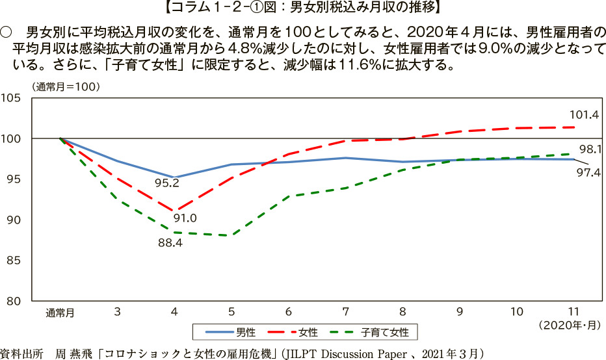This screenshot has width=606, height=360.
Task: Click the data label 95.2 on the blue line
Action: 167,183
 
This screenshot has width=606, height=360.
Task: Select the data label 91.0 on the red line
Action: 184,218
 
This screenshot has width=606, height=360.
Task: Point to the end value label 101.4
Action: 585,115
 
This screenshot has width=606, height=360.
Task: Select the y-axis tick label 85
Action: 15,261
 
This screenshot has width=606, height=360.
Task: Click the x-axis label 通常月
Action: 60,313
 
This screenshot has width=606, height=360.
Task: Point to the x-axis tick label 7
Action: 346,312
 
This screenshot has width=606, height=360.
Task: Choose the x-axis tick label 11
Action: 573,312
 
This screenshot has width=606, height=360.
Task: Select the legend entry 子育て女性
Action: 386,333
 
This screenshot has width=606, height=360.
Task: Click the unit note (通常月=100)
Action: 67,86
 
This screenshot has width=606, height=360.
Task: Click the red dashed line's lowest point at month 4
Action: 174,211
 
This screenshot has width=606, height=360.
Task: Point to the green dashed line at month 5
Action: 231,235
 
